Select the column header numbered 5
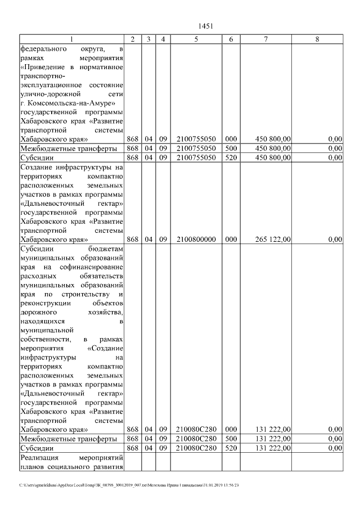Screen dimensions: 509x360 click(x=196, y=39)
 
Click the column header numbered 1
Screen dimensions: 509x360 click(x=71, y=39)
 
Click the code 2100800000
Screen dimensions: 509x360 click(x=196, y=239)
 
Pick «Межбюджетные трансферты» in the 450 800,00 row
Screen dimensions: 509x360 click(x=68, y=148)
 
